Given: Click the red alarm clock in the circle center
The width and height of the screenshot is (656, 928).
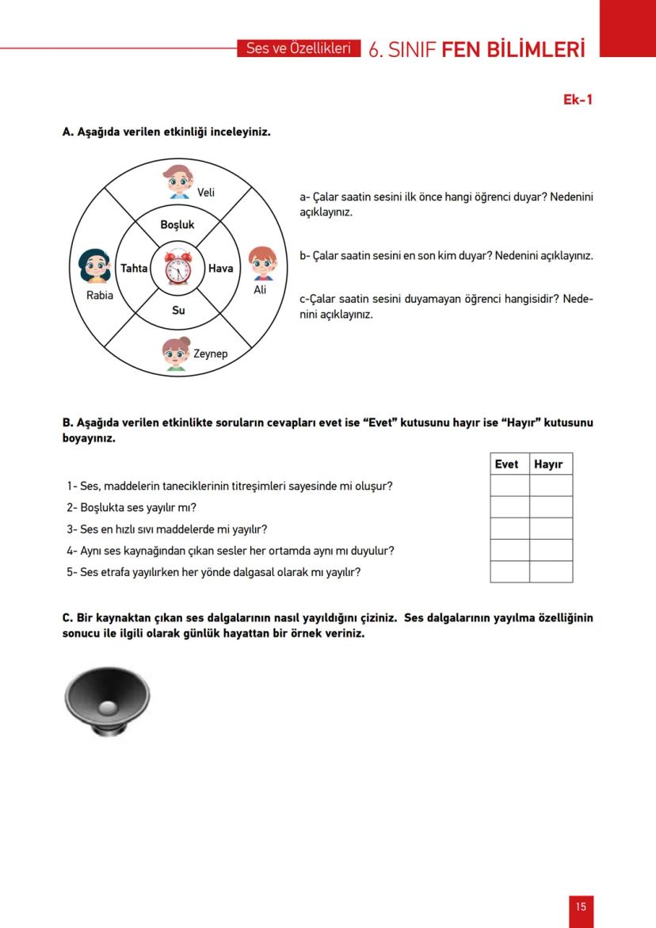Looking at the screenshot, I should click(x=177, y=266).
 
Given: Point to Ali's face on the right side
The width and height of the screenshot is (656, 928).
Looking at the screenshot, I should click(x=261, y=263).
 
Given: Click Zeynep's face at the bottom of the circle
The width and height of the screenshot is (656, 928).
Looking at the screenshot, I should click(x=176, y=353).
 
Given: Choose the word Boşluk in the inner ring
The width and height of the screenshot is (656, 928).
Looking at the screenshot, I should click(x=177, y=225).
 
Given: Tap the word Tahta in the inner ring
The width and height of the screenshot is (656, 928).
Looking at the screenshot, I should click(x=134, y=269).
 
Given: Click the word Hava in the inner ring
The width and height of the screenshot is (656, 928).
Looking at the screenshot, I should click(x=220, y=269).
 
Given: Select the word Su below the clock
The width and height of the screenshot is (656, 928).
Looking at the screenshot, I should click(x=178, y=311).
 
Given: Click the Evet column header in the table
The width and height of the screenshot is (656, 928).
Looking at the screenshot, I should click(x=506, y=464).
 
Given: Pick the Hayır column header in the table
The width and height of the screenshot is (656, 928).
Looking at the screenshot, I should click(x=548, y=464).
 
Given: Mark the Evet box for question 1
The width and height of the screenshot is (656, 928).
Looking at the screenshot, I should click(x=509, y=486).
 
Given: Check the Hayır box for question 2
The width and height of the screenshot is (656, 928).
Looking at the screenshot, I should click(x=551, y=507).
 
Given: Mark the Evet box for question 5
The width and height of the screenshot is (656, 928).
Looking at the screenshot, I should click(x=509, y=571).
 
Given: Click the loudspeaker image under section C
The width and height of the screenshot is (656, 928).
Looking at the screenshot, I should click(x=107, y=700).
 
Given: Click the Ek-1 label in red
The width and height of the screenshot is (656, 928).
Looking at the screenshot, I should click(x=578, y=100).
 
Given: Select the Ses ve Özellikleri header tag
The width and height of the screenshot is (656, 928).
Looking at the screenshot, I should click(x=298, y=48).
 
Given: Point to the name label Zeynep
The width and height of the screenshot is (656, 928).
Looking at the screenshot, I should click(x=211, y=354).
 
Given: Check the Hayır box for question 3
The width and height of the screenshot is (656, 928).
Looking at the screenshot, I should click(x=551, y=529).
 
